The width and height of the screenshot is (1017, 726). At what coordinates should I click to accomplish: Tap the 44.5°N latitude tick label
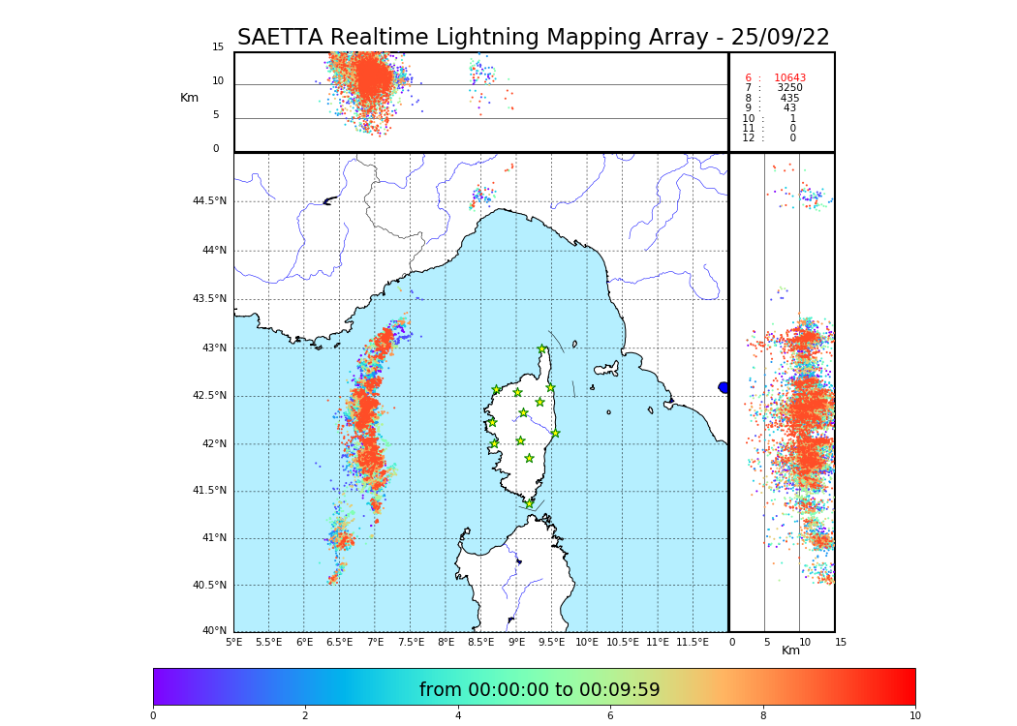208,201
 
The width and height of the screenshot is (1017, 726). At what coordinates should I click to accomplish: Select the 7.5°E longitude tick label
411,642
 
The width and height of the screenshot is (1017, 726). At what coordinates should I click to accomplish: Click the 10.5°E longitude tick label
622,642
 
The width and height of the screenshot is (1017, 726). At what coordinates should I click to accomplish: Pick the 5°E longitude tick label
233,642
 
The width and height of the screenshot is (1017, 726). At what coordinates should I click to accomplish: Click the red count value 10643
789,78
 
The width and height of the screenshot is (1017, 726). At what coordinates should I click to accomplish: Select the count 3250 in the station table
789,88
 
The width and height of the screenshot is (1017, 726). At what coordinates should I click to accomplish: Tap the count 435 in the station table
789,99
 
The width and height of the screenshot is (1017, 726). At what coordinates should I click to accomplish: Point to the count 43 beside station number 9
789,108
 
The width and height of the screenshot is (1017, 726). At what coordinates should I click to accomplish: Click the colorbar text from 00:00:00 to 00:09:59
539,690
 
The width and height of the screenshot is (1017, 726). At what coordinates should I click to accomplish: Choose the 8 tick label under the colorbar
763,716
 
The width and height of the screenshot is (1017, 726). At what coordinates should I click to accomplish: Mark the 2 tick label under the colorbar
305,716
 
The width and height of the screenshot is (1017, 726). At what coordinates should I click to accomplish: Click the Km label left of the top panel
189,98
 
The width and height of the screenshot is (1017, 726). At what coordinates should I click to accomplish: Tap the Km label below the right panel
791,650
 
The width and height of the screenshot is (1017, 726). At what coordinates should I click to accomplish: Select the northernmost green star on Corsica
542,349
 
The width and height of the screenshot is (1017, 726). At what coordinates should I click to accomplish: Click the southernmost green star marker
529,503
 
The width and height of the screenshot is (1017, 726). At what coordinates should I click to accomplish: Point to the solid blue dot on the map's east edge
724,387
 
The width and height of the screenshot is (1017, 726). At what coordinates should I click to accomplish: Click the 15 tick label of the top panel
218,47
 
